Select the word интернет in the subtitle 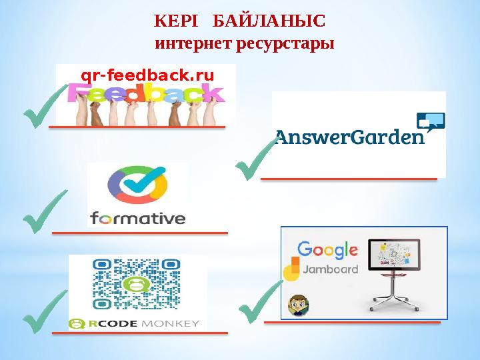(x=192, y=45)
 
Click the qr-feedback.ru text (x=147, y=75)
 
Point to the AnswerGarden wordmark (x=350, y=139)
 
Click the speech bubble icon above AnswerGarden (x=430, y=122)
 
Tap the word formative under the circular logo (x=137, y=218)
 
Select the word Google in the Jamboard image (x=327, y=250)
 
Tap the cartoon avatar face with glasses (x=297, y=306)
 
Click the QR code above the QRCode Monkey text (x=137, y=285)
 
